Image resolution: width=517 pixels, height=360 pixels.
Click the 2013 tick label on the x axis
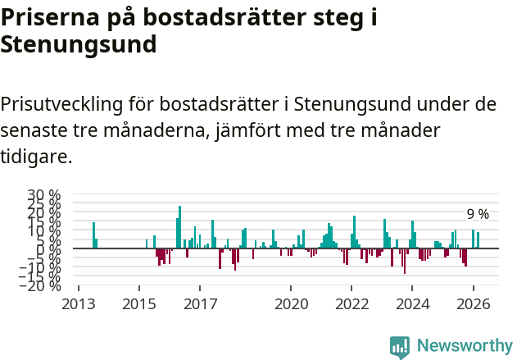(79, 303)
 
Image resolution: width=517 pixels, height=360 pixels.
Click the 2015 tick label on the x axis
(138, 303)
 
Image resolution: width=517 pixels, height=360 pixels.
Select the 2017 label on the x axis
(199, 303)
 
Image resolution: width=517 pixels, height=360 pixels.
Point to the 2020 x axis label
(290, 303)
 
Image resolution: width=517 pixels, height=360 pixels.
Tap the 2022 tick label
(351, 303)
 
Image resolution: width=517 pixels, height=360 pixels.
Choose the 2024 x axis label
(412, 303)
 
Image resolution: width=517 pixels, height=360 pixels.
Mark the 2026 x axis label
(473, 303)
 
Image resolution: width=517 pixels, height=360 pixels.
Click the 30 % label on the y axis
(43, 196)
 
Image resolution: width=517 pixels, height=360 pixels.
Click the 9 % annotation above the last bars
(478, 215)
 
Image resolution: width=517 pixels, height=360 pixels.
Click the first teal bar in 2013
(93, 235)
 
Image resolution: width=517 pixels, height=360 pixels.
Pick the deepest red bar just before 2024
(405, 261)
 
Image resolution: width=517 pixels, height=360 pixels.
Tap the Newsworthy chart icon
(400, 347)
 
